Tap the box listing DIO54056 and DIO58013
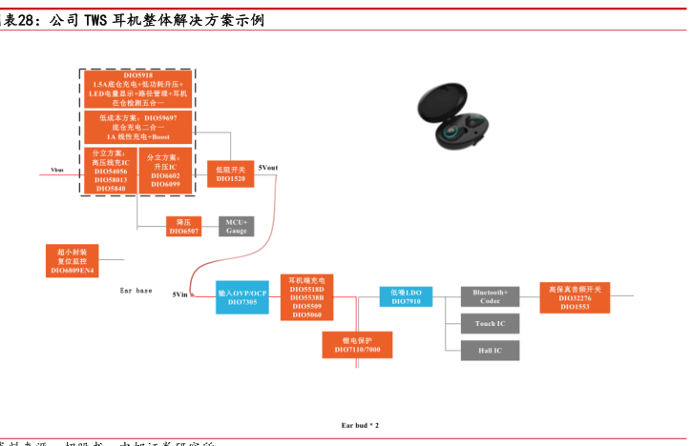click(x=111, y=171)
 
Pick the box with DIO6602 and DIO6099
click(x=165, y=171)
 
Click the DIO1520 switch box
click(x=230, y=172)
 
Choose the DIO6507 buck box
click(x=184, y=226)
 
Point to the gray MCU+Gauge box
click(x=236, y=226)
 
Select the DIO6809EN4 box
click(x=73, y=260)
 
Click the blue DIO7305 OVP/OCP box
click(x=242, y=297)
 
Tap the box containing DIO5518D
click(x=306, y=296)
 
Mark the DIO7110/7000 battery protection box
click(x=357, y=345)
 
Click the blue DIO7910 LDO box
click(x=406, y=296)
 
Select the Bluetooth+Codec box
click(x=490, y=296)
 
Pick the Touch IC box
click(x=490, y=324)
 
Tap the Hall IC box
click(x=490, y=351)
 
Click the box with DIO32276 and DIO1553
click(x=574, y=296)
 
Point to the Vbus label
click(x=56, y=171)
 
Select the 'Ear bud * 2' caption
click(x=360, y=425)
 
